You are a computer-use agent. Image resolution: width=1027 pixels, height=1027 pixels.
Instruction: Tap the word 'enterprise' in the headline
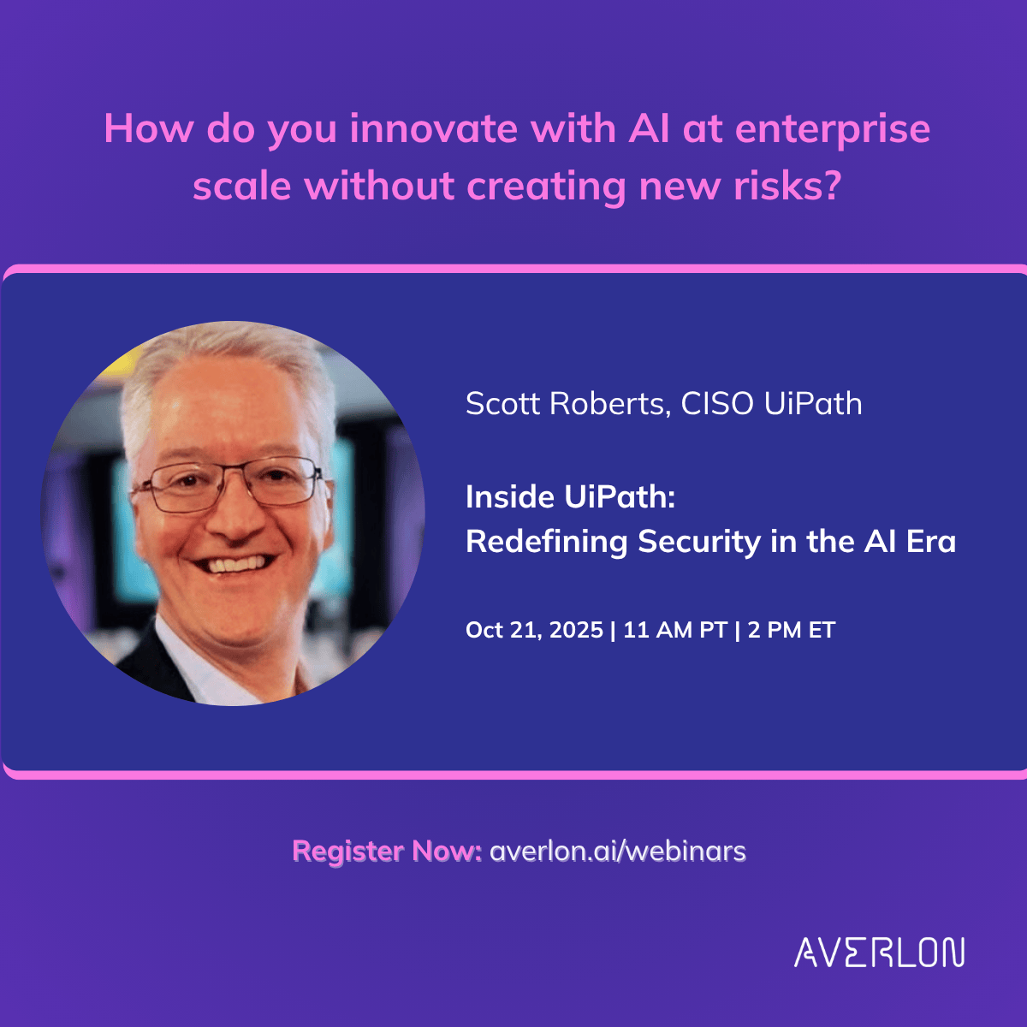[x=833, y=128]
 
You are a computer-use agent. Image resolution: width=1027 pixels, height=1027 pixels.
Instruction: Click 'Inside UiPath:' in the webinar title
[x=570, y=496]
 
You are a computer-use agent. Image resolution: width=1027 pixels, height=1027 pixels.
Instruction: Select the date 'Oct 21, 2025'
[x=534, y=631]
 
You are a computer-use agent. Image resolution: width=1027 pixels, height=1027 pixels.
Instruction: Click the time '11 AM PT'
[x=674, y=631]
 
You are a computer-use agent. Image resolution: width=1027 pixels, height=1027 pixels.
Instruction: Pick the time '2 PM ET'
[x=791, y=631]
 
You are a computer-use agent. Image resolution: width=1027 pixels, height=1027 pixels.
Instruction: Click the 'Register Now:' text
[x=387, y=852]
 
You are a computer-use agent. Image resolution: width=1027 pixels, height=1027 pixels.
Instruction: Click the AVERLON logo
[x=879, y=953]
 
